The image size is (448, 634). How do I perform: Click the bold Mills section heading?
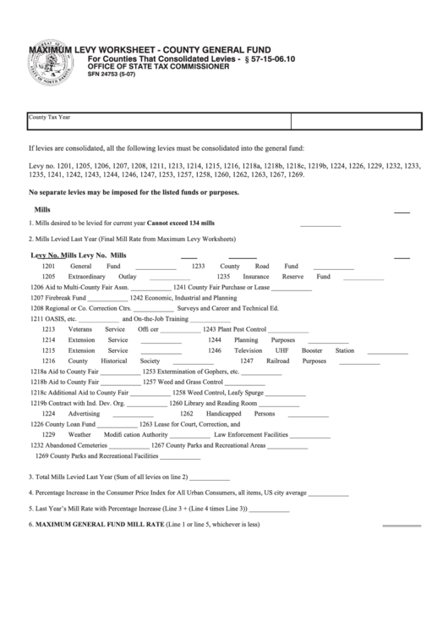pyautogui.click(x=42, y=207)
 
